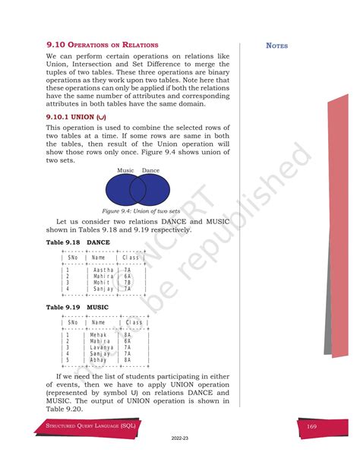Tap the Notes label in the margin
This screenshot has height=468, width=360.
pos(276,46)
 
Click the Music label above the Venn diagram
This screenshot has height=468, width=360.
pos(125,170)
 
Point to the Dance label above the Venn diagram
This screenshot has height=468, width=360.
pos(150,170)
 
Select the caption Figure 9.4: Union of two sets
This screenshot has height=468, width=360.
pos(140,210)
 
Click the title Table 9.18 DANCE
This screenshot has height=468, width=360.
pos(78,242)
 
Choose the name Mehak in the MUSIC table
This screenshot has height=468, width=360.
pos(99,335)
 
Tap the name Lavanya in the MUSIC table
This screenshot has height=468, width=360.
pos(102,347)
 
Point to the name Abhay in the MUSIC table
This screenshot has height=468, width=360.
pos(99,359)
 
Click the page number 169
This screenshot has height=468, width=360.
pos(311,428)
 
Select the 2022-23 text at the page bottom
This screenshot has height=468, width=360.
pos(180,459)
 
